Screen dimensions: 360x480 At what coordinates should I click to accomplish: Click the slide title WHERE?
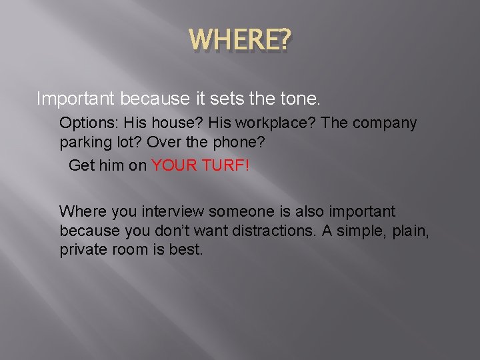(240, 42)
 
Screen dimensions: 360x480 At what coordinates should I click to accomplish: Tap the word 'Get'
(82, 165)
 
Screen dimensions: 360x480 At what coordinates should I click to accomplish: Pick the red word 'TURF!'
(225, 165)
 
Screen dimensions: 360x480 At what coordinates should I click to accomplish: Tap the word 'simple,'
(368, 231)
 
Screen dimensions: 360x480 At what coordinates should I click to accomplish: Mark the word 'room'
(132, 251)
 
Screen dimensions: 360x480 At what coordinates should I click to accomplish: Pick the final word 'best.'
(187, 251)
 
